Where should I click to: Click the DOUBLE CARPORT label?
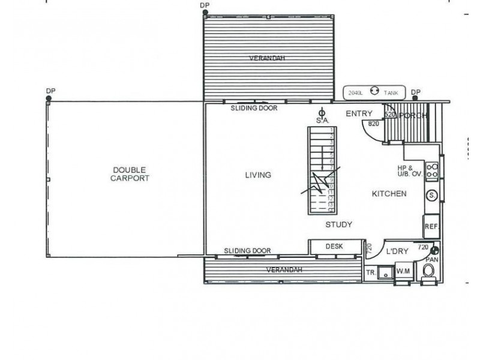coord(130,174)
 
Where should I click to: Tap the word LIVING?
coord(258,175)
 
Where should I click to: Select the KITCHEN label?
coord(389,194)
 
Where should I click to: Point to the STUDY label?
coord(338,225)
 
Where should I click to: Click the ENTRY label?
coord(359,113)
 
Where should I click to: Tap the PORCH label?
coord(413,115)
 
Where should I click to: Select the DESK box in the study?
coord(334,246)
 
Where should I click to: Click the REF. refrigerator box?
coord(431,227)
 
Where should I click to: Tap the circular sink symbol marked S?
coord(431,195)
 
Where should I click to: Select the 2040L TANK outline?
coord(374,92)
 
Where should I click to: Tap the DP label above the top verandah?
coord(206,5)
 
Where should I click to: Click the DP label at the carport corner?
coord(50,91)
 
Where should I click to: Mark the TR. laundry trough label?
coord(371,272)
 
